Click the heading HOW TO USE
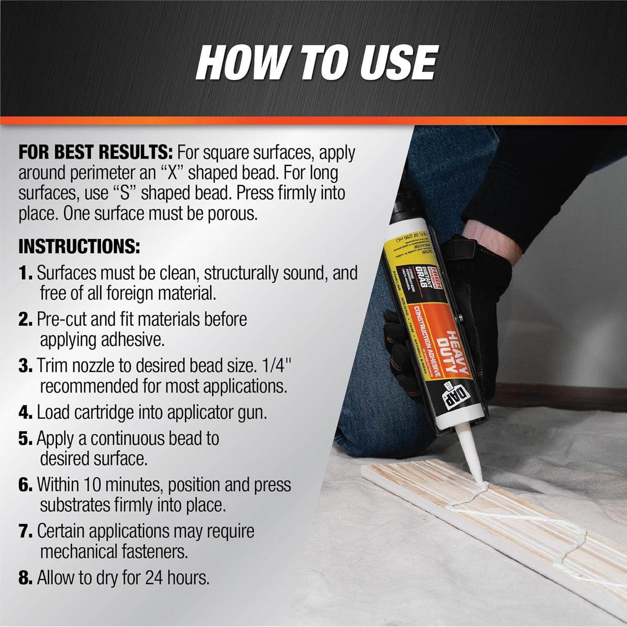317,62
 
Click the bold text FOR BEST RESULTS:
95,153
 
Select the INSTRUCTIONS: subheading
79,247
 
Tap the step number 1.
25,273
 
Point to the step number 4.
25,413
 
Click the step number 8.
25,578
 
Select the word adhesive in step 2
138,340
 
